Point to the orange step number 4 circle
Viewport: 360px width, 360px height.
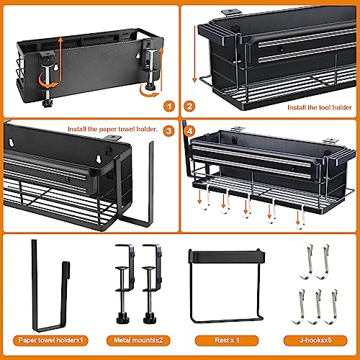click(x=191, y=130)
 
